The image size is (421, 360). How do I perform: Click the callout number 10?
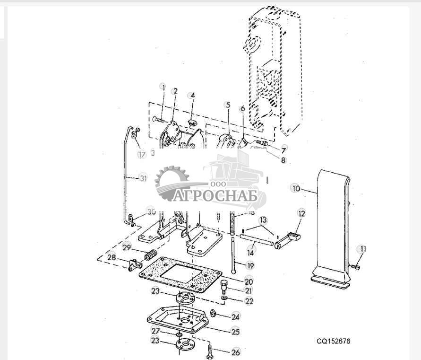click(x=296, y=188)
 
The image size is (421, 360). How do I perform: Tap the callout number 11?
click(x=362, y=248)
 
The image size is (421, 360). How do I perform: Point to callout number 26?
click(x=235, y=352)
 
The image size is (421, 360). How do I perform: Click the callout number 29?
click(x=127, y=246)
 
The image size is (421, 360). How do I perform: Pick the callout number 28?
click(x=112, y=257)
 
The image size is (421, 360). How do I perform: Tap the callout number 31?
click(x=143, y=178)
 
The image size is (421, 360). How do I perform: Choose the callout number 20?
click(x=249, y=281)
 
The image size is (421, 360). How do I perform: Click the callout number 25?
click(x=235, y=332)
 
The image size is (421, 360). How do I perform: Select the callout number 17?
click(x=142, y=154)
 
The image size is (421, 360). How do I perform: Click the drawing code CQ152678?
click(x=334, y=341)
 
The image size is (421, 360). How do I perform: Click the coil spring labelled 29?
click(x=150, y=256)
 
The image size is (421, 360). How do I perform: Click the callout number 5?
click(x=228, y=105)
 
